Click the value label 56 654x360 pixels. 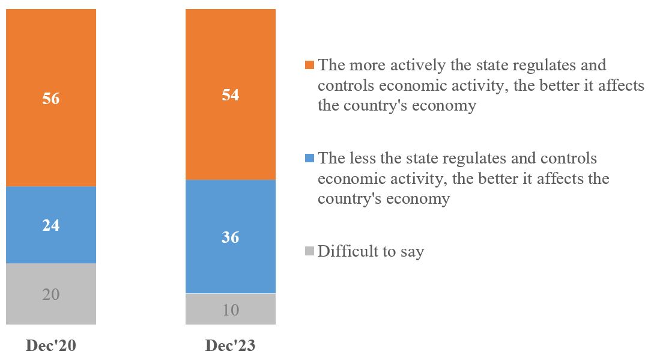51,99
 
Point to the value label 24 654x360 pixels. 51,225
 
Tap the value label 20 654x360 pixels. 51,294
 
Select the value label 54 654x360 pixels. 231,95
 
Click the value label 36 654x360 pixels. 231,237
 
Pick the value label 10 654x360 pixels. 231,310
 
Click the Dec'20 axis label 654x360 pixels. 51,346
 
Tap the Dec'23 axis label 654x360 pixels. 231,346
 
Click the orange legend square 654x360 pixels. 309,65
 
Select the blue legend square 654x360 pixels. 309,159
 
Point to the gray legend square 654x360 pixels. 309,251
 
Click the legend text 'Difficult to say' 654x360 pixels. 371,251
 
